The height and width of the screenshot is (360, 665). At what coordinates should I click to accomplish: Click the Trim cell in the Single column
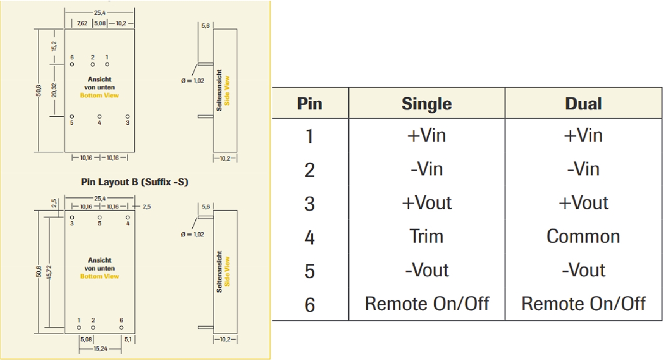pyautogui.click(x=427, y=236)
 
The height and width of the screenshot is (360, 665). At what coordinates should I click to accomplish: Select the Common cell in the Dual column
pyautogui.click(x=583, y=236)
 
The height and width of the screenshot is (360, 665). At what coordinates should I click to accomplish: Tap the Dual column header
pyautogui.click(x=583, y=103)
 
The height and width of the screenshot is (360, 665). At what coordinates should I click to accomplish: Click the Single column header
pyautogui.click(x=427, y=103)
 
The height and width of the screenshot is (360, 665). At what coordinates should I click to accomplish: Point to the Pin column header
pyautogui.click(x=310, y=103)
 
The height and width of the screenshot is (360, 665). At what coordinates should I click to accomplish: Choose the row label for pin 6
pyautogui.click(x=310, y=304)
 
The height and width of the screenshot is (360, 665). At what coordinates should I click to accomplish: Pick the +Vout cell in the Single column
pyautogui.click(x=427, y=203)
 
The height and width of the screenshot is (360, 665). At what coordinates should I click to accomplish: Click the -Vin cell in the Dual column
pyautogui.click(x=583, y=169)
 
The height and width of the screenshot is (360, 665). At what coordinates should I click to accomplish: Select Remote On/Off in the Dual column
pyautogui.click(x=583, y=303)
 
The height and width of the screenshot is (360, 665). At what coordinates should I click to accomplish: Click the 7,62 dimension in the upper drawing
pyautogui.click(x=82, y=24)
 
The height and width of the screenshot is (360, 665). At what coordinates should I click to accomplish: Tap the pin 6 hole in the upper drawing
pyautogui.click(x=72, y=64)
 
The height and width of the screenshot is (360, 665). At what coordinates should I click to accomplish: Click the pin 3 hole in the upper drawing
pyautogui.click(x=128, y=116)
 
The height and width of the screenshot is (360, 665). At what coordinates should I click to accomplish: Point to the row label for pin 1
pyautogui.click(x=310, y=136)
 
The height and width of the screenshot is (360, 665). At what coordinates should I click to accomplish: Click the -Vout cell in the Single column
pyautogui.click(x=427, y=270)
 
